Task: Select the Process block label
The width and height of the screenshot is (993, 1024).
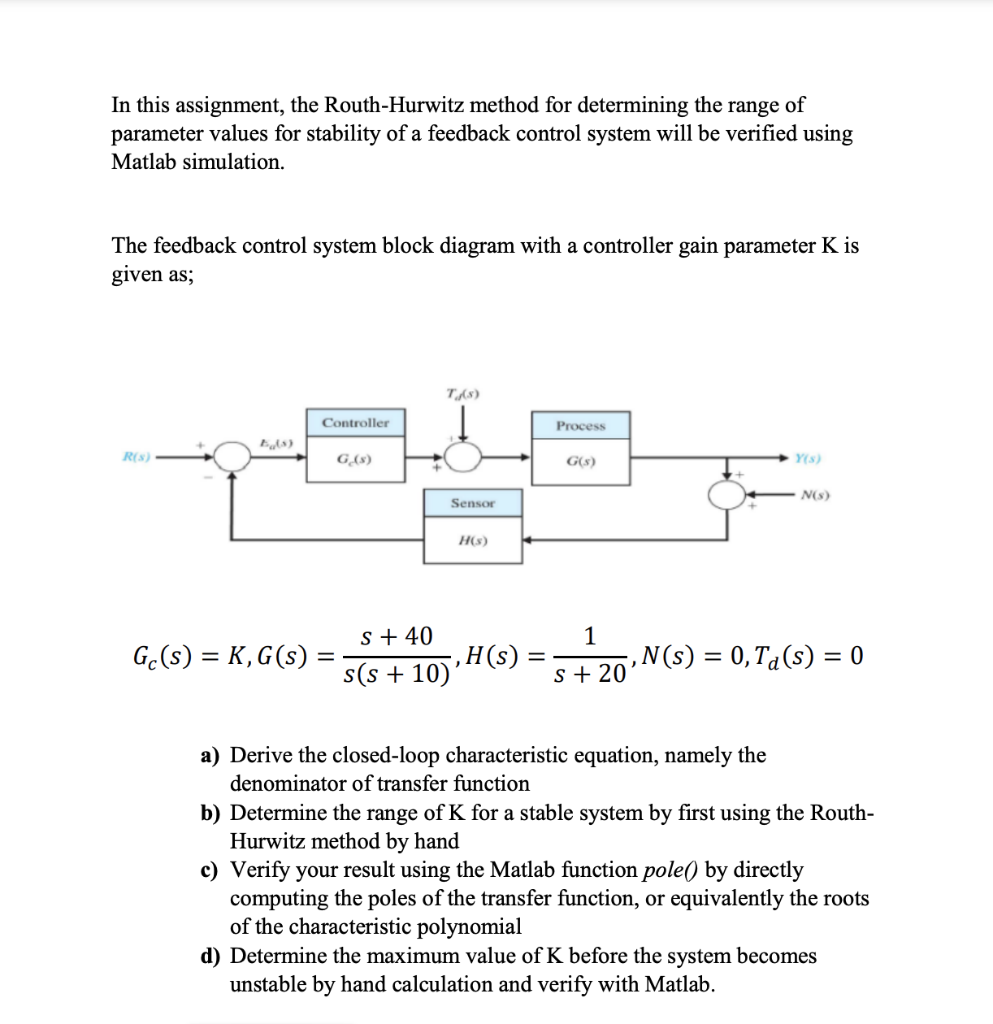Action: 581,425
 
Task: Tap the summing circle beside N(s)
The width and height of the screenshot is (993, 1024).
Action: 731,493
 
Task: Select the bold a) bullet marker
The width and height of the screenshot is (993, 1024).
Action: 210,755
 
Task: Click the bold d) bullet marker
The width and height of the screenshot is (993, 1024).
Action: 210,956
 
